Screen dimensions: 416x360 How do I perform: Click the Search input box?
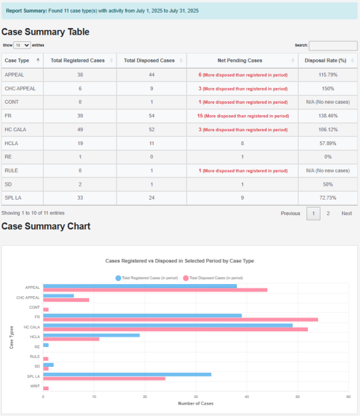click(333, 45)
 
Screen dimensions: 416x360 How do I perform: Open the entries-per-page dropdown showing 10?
click(22, 45)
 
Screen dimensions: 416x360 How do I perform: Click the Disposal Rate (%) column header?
click(325, 61)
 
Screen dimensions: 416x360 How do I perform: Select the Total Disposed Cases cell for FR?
click(149, 116)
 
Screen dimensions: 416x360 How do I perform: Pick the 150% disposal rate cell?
click(325, 88)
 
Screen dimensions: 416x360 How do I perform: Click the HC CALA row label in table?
click(16, 129)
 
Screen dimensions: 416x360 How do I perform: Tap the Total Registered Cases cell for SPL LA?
click(80, 198)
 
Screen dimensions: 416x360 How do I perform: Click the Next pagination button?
click(347, 213)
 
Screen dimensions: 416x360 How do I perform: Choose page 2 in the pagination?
click(328, 213)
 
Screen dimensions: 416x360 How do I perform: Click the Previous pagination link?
click(290, 213)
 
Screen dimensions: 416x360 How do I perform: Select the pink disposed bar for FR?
click(181, 319)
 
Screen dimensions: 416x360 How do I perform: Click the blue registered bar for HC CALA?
click(168, 325)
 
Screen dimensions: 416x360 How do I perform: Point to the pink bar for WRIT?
click(46, 388)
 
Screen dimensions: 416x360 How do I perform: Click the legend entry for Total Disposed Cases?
click(213, 278)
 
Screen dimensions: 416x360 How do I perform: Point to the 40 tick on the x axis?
click(247, 397)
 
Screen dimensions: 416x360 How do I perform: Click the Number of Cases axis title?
click(196, 403)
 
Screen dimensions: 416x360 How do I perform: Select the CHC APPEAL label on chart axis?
click(28, 298)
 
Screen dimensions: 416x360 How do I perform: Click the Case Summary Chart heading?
click(46, 226)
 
